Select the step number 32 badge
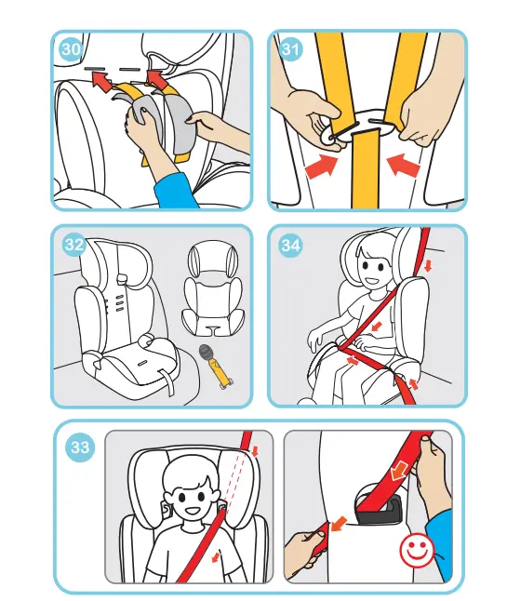75,245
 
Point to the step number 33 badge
81,447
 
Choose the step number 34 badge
291,245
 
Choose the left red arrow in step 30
101,83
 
